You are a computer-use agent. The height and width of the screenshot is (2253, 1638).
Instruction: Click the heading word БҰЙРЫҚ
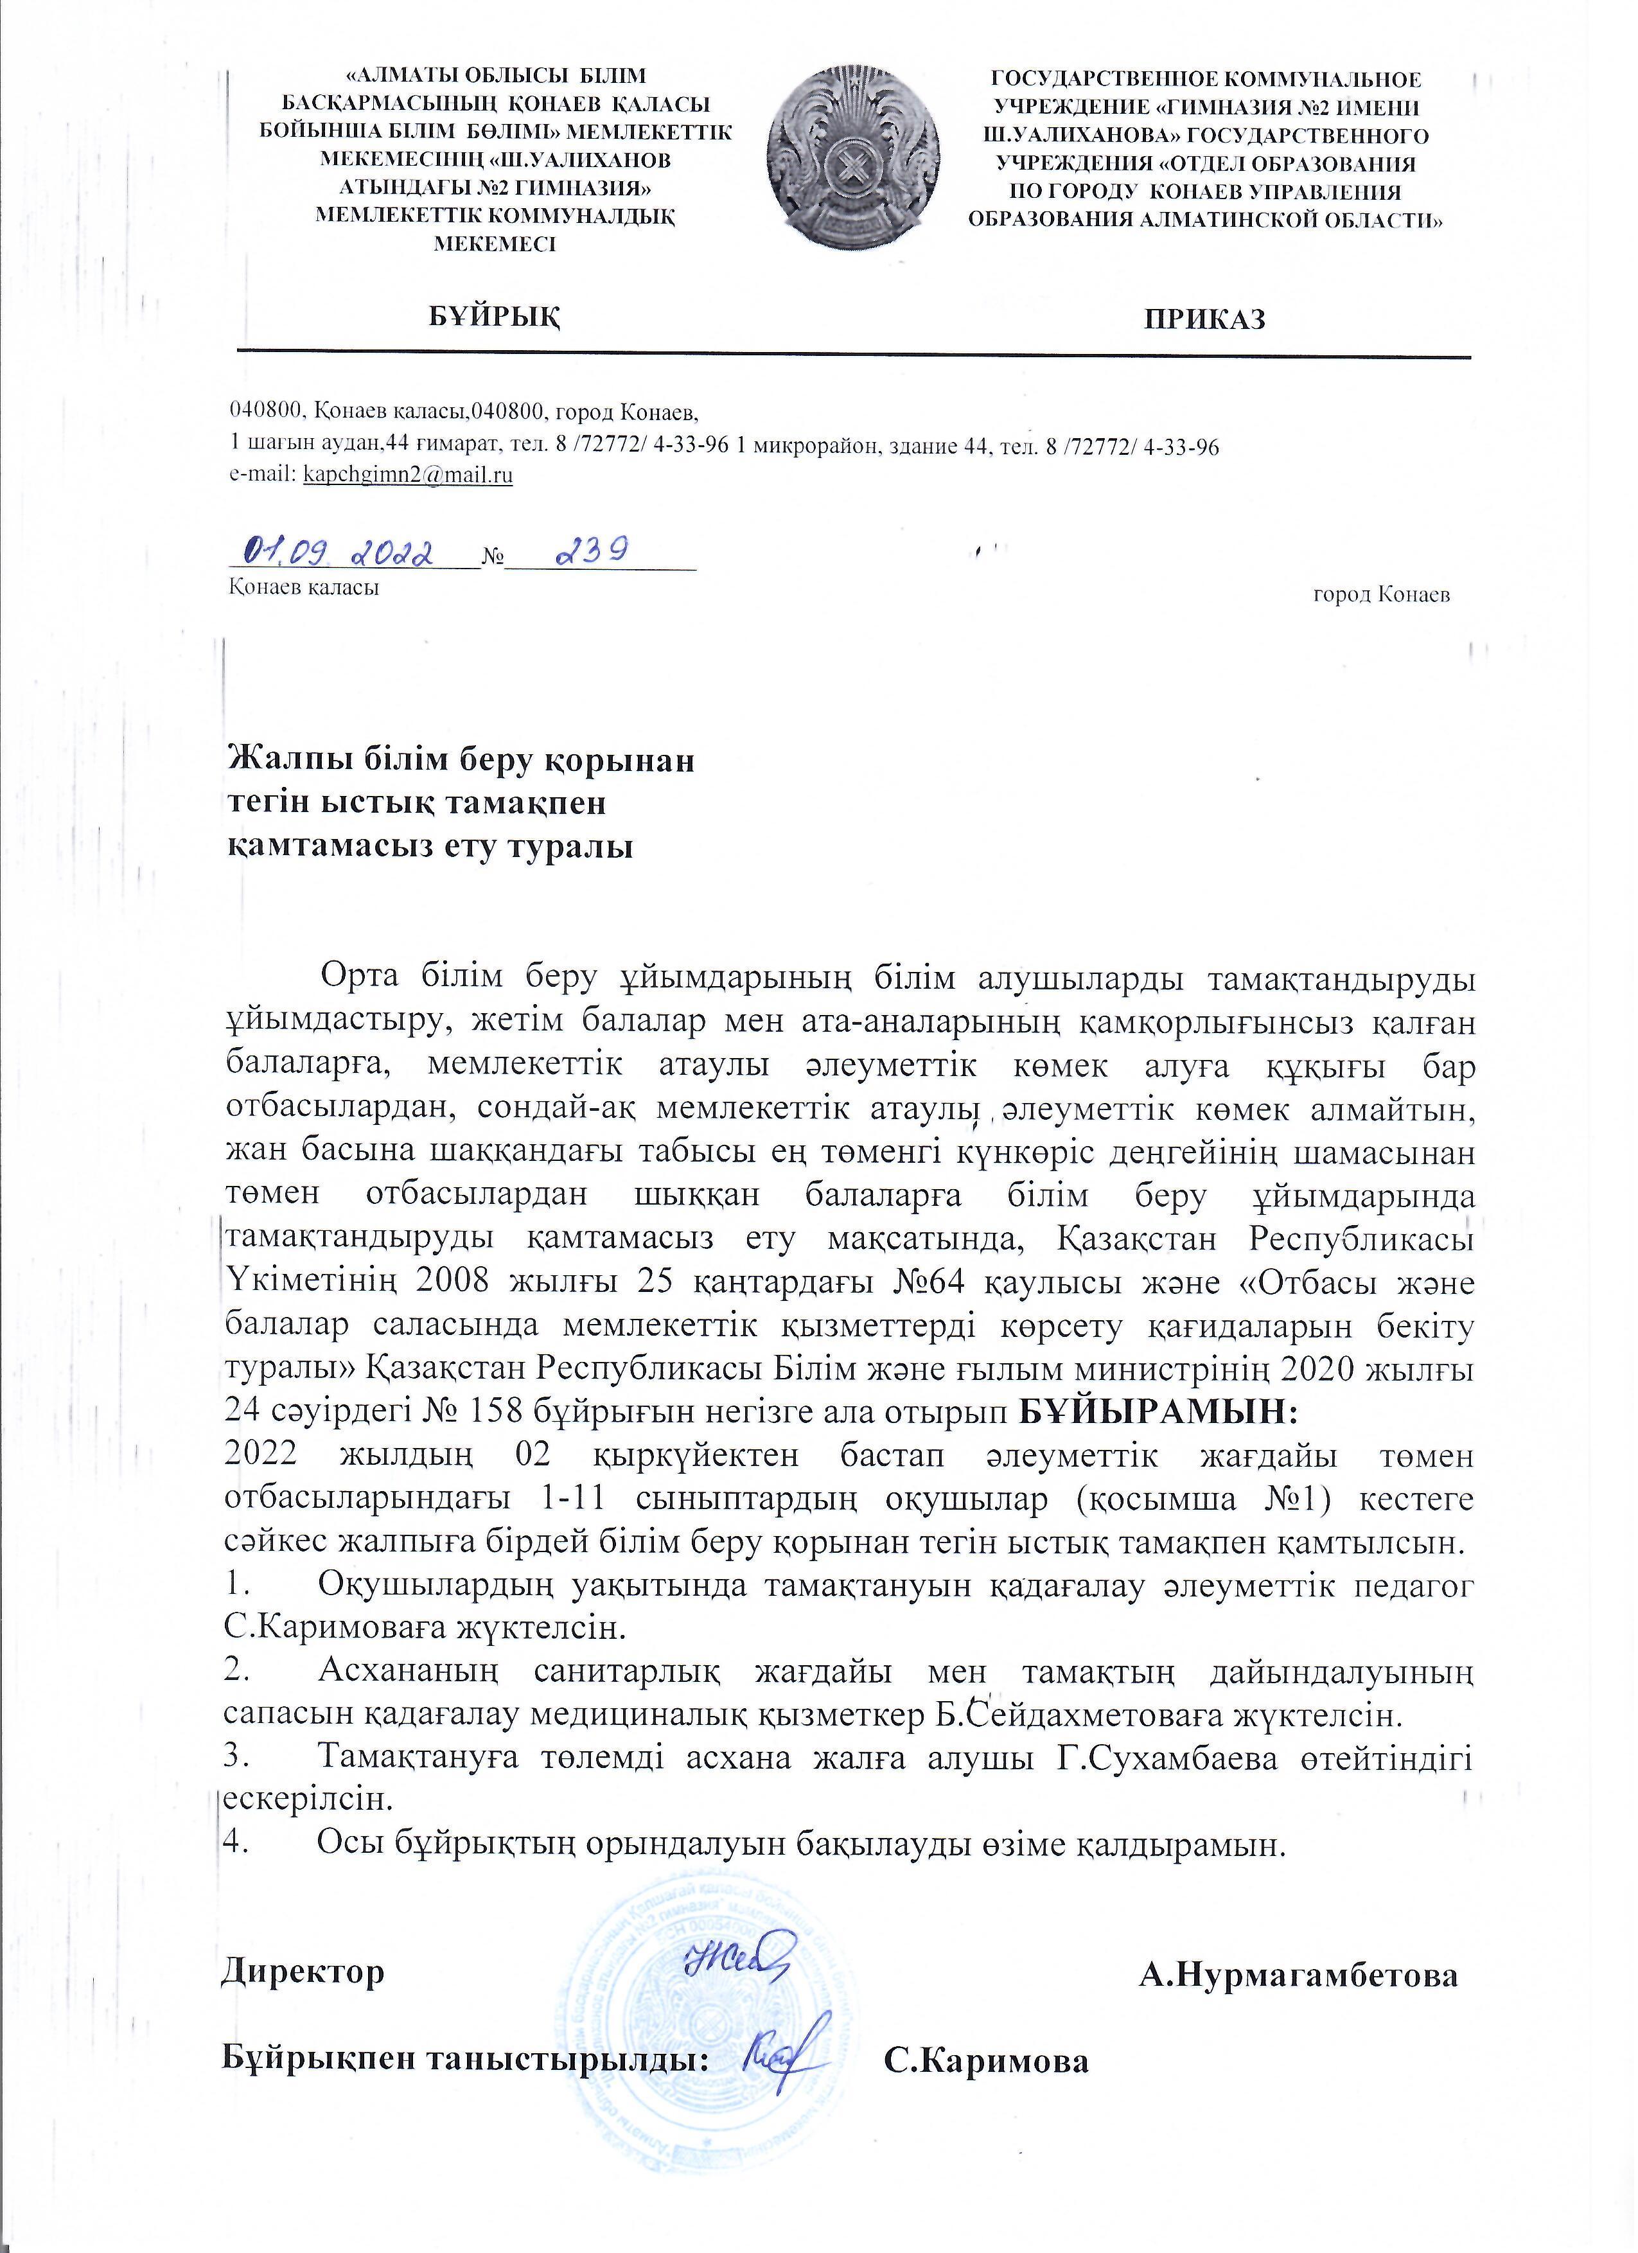(x=495, y=316)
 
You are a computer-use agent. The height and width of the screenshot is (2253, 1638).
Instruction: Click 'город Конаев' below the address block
(x=1380, y=594)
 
